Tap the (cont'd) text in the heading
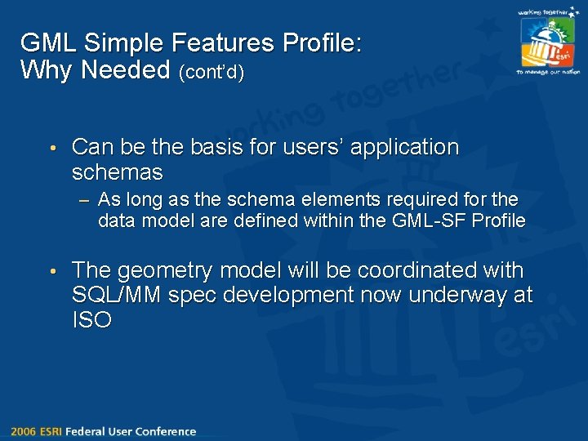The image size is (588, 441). [211, 73]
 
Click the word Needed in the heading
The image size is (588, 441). [126, 71]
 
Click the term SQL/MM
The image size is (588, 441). [117, 295]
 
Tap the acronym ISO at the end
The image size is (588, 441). [91, 320]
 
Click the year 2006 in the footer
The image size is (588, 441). [23, 431]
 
